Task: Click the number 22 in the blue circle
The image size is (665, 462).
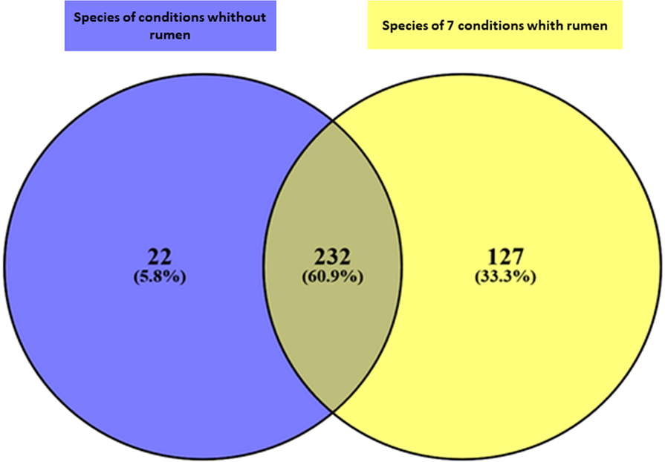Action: click(160, 257)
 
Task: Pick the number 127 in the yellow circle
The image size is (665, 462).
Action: click(505, 257)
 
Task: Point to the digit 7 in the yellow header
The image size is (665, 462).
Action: click(447, 25)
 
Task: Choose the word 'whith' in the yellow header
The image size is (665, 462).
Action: click(550, 25)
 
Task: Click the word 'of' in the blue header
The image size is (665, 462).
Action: click(132, 17)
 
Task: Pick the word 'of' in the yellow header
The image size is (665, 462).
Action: click(434, 25)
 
